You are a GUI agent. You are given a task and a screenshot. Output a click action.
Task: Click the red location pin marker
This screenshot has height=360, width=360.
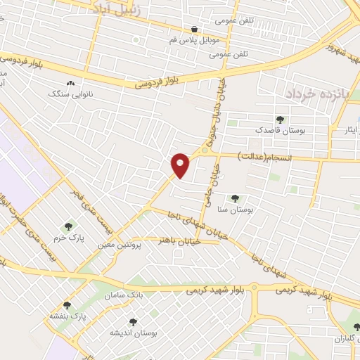181,165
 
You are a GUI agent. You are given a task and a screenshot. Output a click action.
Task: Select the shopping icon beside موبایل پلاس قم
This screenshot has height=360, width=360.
194,29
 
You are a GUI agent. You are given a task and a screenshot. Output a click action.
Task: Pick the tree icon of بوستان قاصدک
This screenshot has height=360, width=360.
280,120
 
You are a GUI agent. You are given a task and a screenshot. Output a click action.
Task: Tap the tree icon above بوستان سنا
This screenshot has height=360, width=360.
235,199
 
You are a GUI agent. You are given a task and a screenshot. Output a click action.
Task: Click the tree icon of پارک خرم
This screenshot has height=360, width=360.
68,226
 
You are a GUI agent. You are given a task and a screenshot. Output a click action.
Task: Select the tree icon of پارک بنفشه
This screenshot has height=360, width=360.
66,305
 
